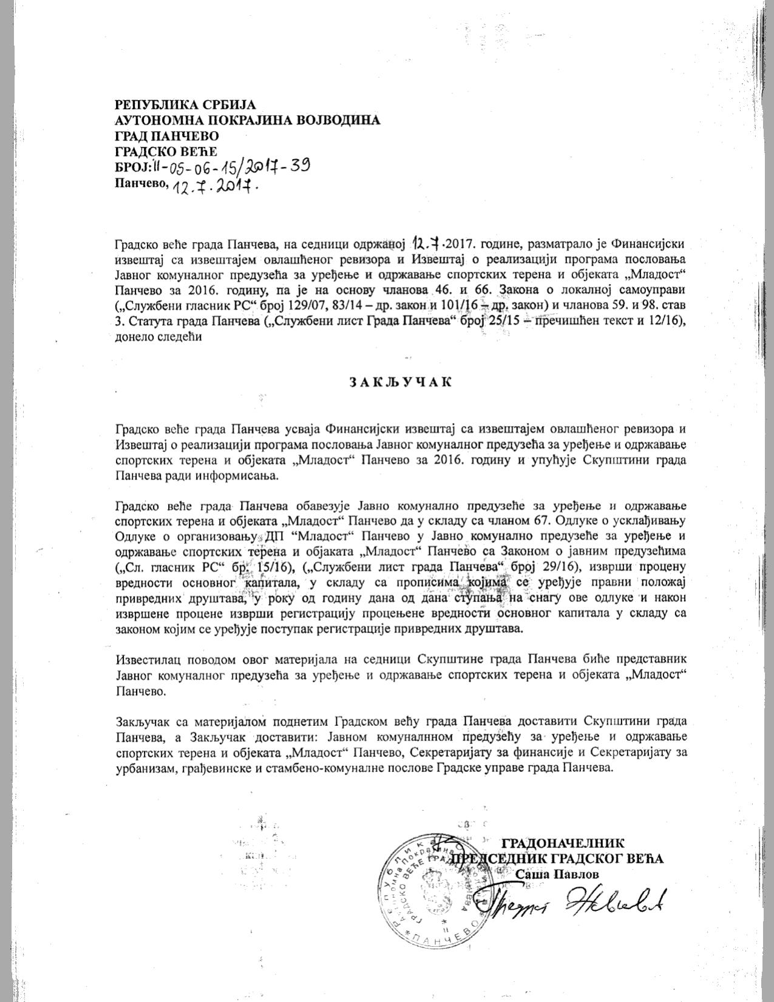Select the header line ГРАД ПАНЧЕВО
pos(167,135)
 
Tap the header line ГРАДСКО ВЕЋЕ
pos(165,151)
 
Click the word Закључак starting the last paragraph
pos(141,722)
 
